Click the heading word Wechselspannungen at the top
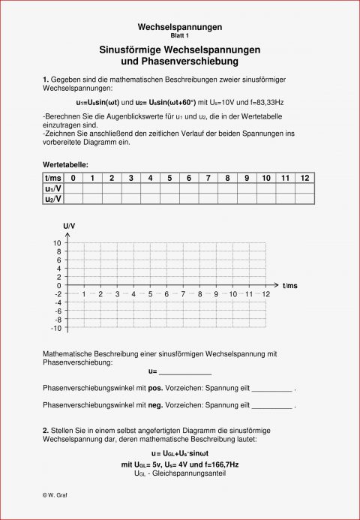[x=179, y=26]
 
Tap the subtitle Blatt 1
[x=179, y=35]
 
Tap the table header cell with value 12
[x=304, y=178]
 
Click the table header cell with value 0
[x=73, y=178]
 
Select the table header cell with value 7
[x=188, y=178]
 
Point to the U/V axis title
[x=69, y=226]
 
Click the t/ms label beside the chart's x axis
[x=290, y=286]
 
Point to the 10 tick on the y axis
[x=57, y=244]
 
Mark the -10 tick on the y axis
[x=55, y=328]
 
